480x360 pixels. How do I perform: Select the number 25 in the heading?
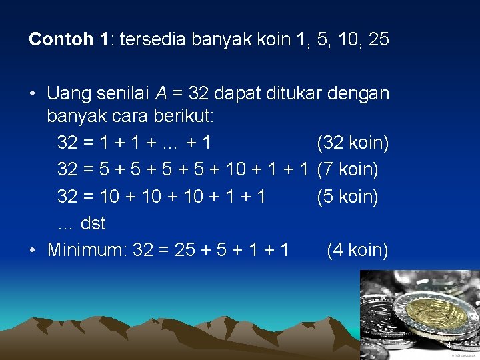[x=378, y=40]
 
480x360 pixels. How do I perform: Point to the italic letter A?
[x=161, y=93]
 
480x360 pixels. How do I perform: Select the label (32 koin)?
[x=353, y=143]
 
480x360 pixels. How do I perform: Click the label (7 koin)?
[x=347, y=169]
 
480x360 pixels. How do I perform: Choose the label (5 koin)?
[x=347, y=197]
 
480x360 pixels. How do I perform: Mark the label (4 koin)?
[x=357, y=250]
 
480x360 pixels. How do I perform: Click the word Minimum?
[x=86, y=250]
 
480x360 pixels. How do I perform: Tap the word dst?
[x=93, y=223]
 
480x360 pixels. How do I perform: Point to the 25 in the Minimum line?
[x=185, y=250]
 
